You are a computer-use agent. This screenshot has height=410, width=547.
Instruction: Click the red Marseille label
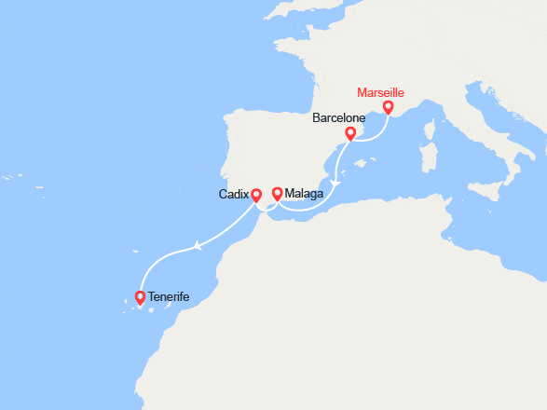point(381,93)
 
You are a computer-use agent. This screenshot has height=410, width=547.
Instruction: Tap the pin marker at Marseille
point(388,109)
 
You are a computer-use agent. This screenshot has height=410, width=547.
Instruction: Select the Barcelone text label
point(337,118)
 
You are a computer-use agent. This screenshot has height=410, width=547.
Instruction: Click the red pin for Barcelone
point(350,134)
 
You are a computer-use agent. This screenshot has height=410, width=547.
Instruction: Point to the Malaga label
point(305,194)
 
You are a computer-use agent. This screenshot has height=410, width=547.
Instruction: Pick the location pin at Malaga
point(277,194)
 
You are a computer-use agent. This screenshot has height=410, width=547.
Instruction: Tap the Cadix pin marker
point(256,197)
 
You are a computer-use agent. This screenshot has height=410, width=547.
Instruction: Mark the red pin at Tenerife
point(141,297)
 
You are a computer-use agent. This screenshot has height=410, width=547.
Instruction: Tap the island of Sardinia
point(431,156)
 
